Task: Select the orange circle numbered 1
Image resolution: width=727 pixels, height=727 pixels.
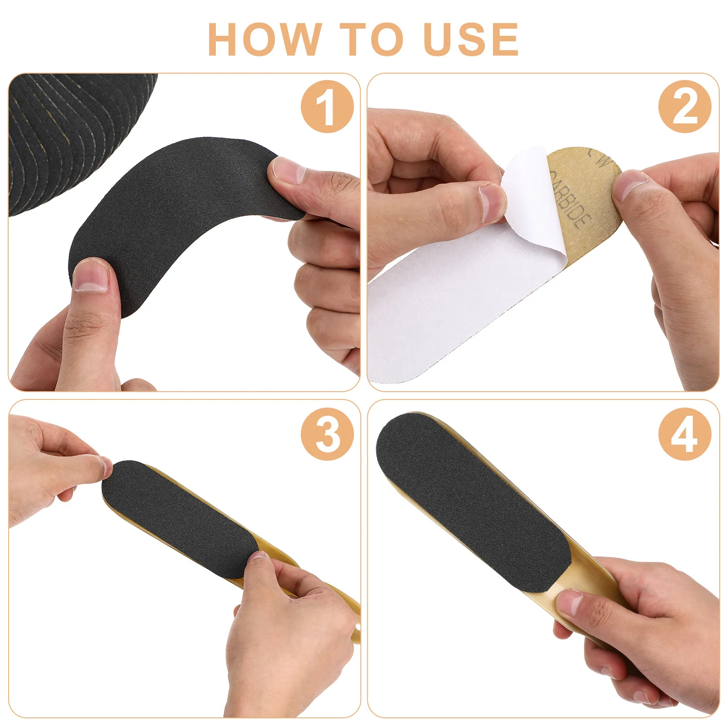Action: coord(327,107)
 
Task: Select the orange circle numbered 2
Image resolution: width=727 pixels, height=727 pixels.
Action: coord(685,107)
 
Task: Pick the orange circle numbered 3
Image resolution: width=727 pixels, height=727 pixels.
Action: coord(327,434)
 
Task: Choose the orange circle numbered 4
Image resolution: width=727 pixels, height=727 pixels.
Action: coord(685,434)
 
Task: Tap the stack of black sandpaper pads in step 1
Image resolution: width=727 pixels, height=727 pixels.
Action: coord(68,136)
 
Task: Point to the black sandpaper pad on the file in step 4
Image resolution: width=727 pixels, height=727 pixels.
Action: coord(473,500)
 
